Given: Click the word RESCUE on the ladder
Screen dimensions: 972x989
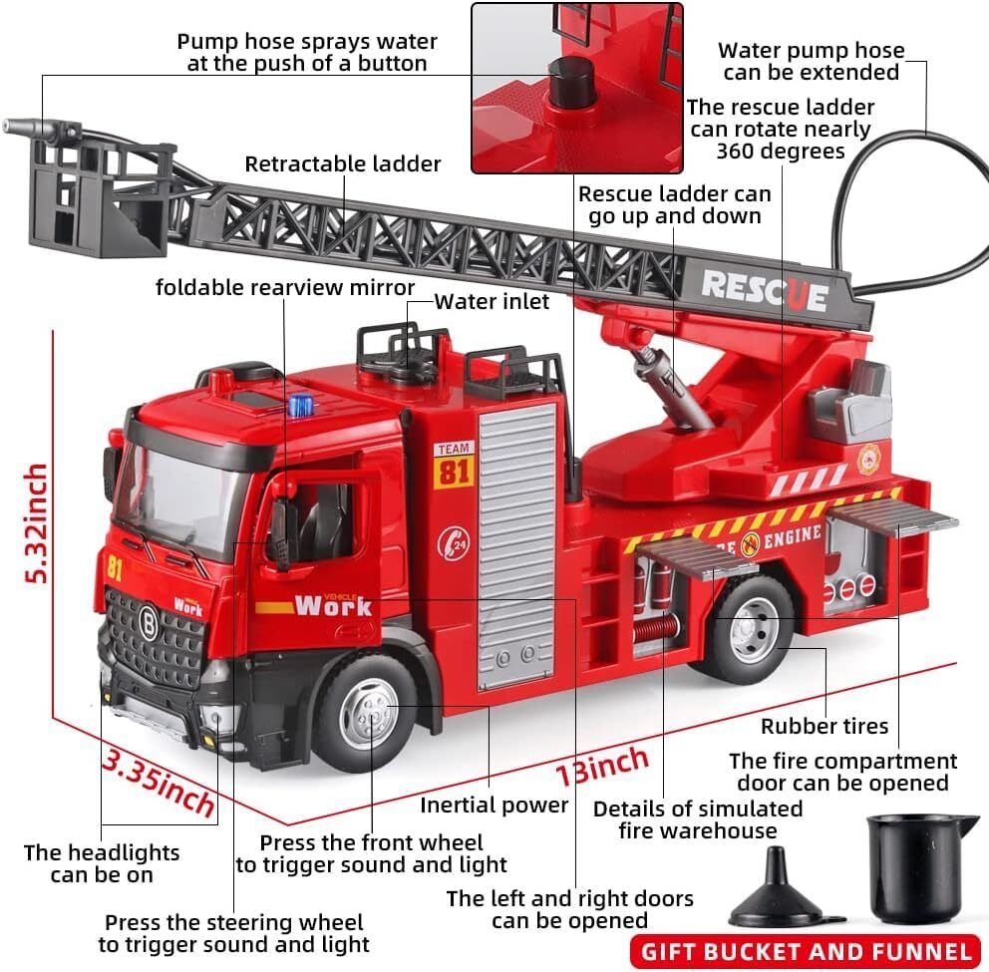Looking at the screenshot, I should tap(764, 289).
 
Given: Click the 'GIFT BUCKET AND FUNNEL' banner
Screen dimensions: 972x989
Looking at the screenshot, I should tap(806, 951).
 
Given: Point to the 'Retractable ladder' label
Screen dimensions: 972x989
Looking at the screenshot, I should tap(343, 163).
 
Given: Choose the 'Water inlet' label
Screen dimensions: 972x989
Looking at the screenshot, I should tap(492, 301).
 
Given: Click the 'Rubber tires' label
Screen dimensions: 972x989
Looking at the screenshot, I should tap(824, 727).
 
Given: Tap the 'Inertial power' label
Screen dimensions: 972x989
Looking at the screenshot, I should tap(494, 805).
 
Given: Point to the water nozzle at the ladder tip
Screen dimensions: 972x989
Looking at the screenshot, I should tap(20, 128).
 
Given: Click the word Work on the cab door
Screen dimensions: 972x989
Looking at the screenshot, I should tap(332, 605).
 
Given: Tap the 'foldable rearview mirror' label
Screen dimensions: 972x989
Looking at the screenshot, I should tap(285, 287).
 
